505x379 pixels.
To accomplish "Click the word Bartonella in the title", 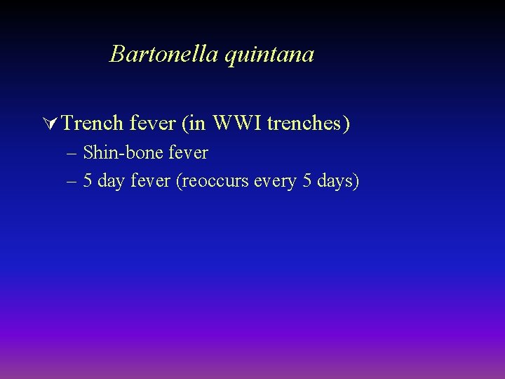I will (x=164, y=54).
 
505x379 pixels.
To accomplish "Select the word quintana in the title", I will (x=269, y=55).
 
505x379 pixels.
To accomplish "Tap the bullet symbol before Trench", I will (x=50, y=124).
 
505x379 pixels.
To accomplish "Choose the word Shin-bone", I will (x=123, y=152).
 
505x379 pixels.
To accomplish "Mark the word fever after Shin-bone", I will (x=188, y=152).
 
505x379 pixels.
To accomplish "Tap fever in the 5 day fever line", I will (x=151, y=181).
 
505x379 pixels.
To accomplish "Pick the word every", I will (x=269, y=182).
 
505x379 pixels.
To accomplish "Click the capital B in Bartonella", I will (x=117, y=54).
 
